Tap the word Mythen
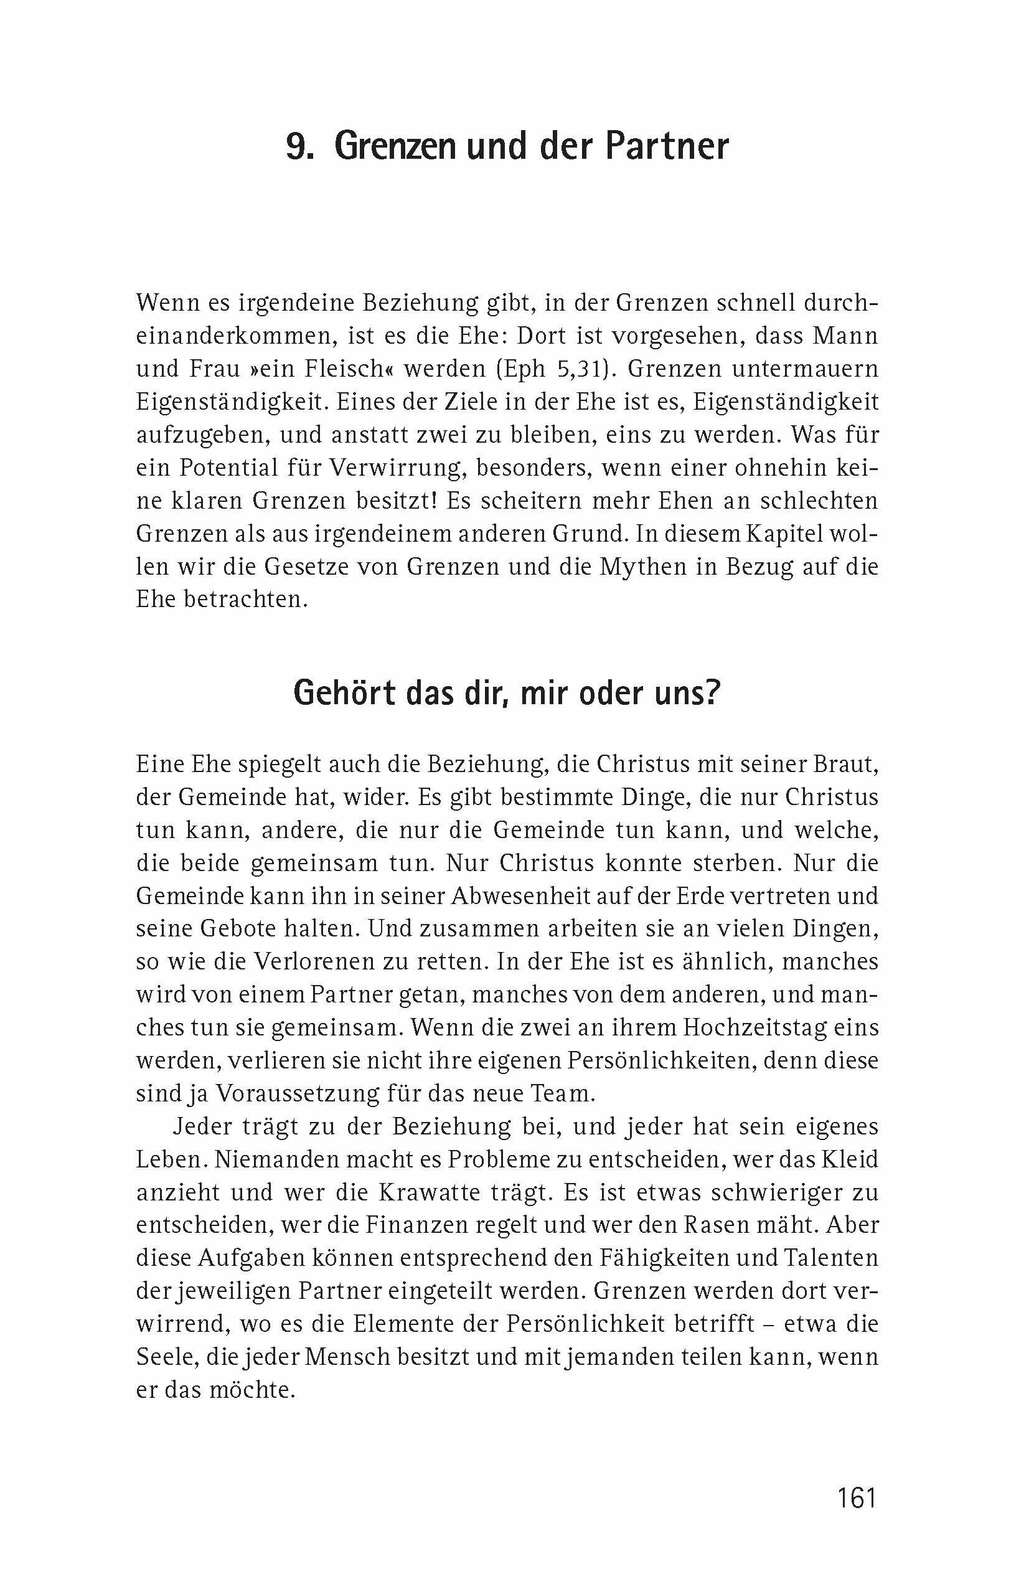[643, 567]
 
